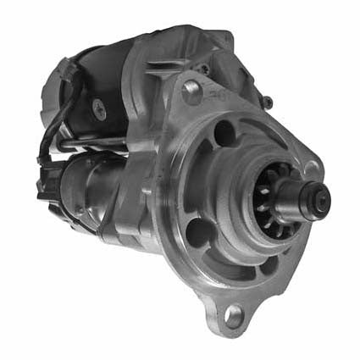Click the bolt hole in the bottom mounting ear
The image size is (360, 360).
(233, 318)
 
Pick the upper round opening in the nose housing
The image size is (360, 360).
(224, 133)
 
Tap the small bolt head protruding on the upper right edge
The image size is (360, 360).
(268, 102)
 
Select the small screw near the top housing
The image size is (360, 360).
(203, 68)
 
